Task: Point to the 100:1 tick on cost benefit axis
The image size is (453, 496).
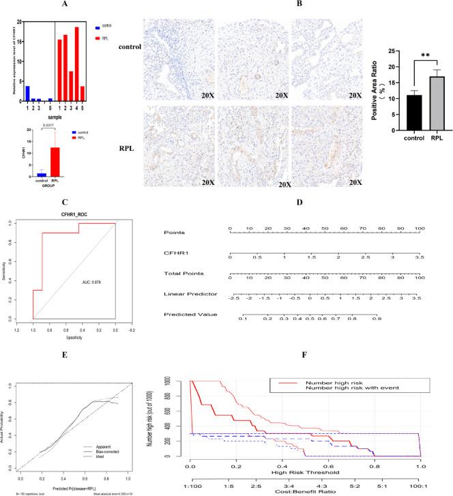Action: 420,482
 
